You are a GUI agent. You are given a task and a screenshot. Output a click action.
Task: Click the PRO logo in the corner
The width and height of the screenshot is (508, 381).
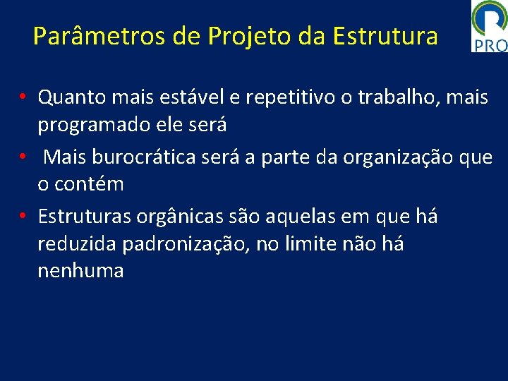(x=490, y=26)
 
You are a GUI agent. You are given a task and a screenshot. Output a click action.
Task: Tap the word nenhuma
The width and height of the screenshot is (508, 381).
(x=80, y=271)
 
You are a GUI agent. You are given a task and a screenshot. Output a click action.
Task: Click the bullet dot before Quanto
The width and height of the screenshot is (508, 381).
(x=23, y=97)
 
